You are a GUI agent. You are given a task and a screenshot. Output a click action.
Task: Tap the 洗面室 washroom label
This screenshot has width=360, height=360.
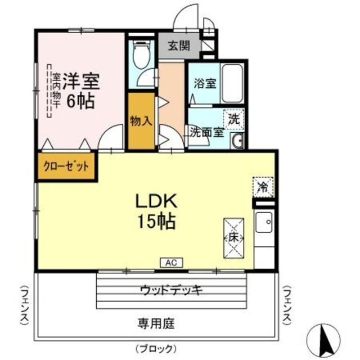click(206, 133)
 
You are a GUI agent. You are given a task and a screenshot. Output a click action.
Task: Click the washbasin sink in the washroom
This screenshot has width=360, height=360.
click(237, 141)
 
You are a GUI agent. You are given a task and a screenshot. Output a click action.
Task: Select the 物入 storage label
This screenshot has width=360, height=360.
click(141, 121)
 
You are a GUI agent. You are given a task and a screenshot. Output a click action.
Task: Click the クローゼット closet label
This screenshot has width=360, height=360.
click(66, 167)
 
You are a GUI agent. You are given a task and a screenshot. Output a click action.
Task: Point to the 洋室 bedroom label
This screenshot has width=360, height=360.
click(80, 82)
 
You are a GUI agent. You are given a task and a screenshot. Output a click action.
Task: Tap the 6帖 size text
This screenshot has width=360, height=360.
click(80, 102)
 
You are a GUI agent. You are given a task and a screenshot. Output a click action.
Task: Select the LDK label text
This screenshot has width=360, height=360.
click(155, 201)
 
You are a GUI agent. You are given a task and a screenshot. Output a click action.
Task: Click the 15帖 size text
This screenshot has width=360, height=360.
click(155, 221)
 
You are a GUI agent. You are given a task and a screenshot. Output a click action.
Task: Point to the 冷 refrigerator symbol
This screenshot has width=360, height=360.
click(263, 185)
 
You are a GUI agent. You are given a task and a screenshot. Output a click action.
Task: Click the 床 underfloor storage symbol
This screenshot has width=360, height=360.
click(233, 237)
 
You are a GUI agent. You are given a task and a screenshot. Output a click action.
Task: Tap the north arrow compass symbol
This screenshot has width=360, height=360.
click(325, 339)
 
